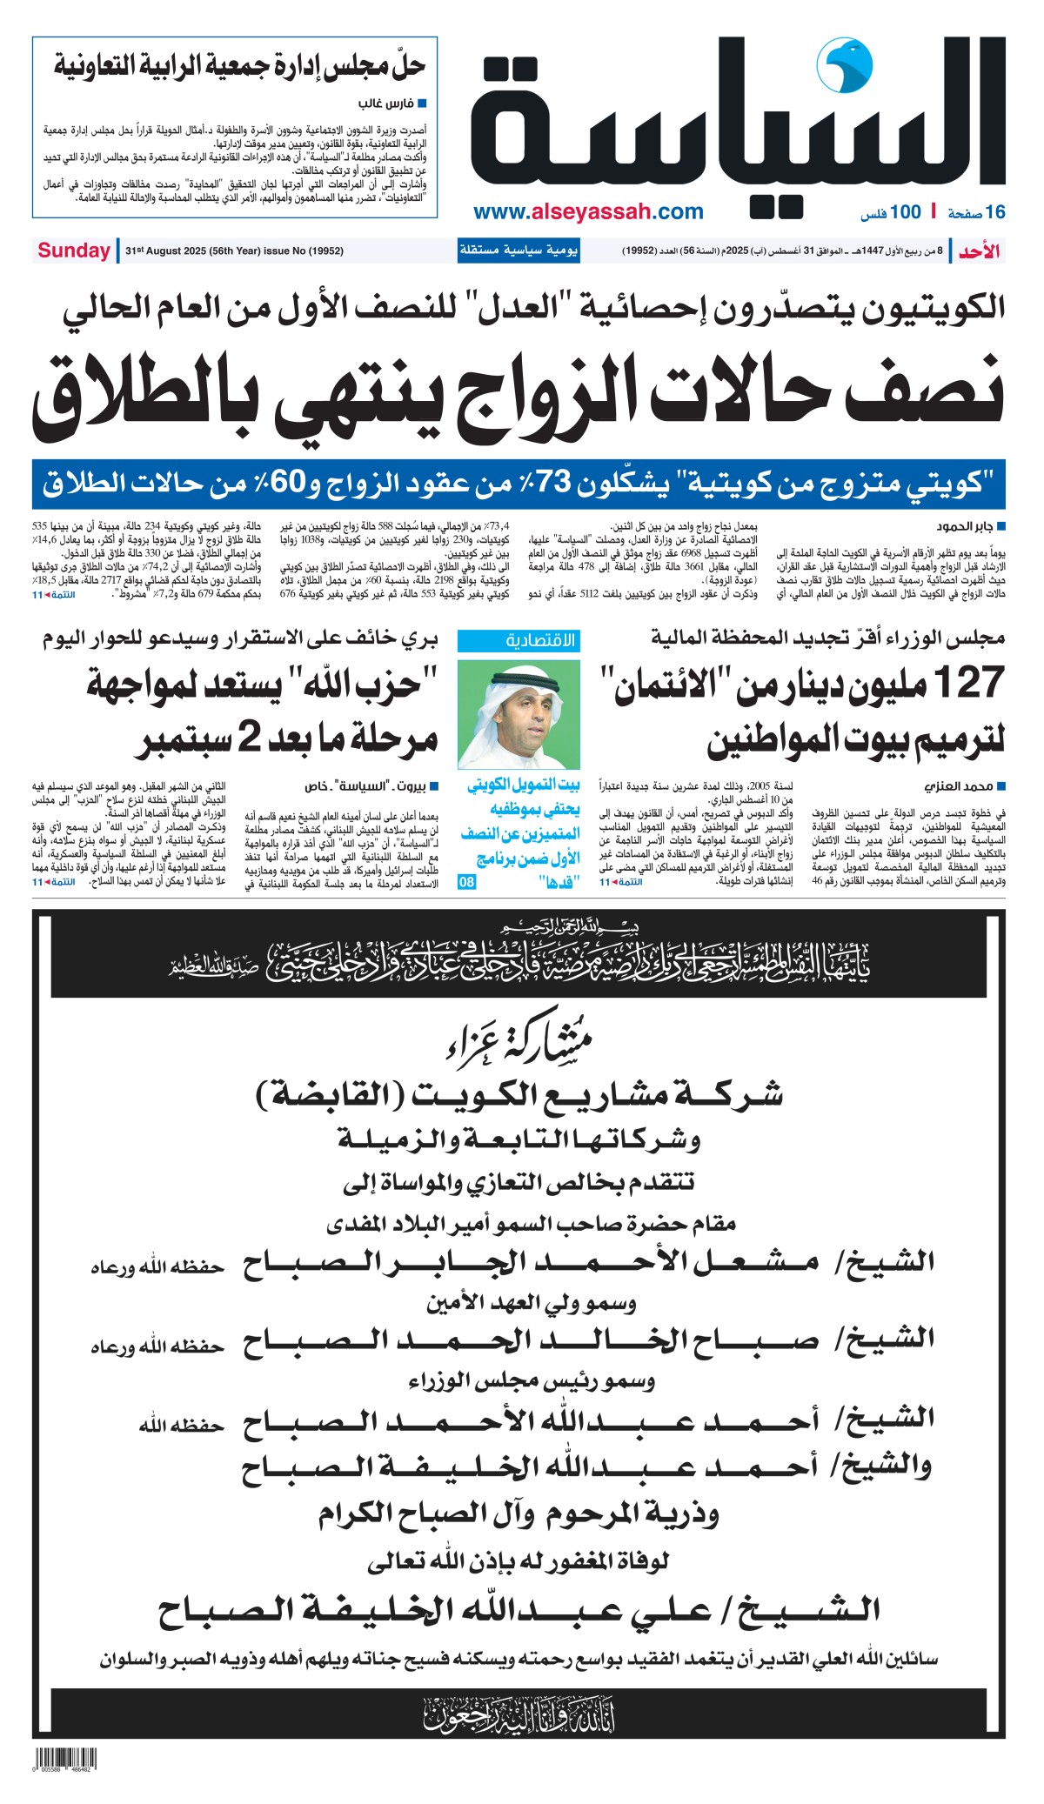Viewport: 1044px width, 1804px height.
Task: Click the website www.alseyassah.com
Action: click(x=588, y=211)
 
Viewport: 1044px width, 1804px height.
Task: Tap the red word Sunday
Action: click(x=73, y=251)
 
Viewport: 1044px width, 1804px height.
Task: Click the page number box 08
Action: click(x=467, y=882)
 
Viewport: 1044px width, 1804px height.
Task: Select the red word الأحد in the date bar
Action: click(x=979, y=251)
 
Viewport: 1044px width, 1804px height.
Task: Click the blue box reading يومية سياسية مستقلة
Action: click(x=519, y=251)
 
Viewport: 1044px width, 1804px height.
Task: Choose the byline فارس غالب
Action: click(x=385, y=104)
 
